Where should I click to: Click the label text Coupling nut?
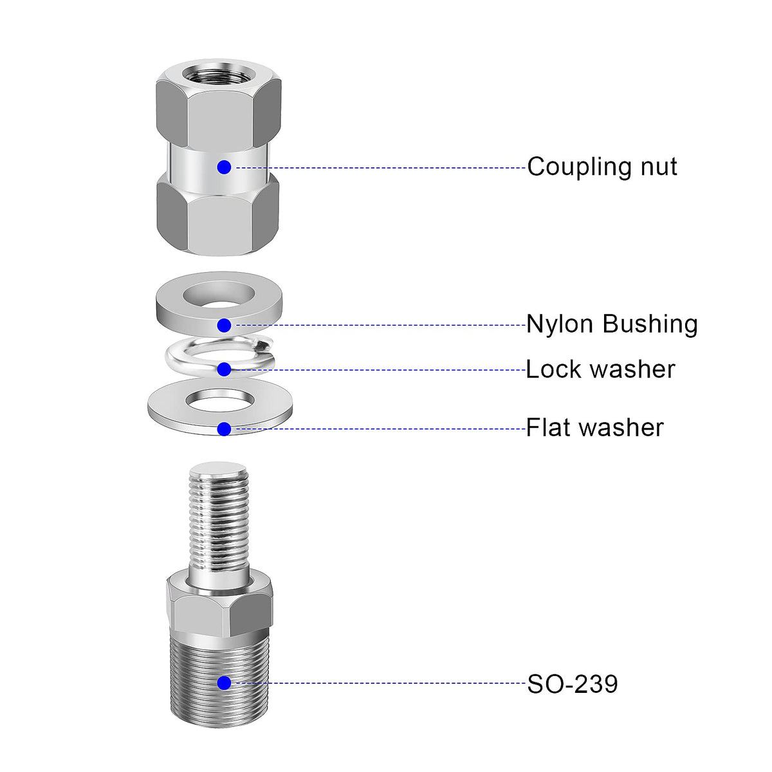(x=602, y=167)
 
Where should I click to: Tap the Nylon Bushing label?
(x=611, y=324)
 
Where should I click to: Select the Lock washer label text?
(x=600, y=370)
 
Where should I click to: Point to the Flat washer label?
(x=594, y=428)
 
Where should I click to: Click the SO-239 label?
(x=573, y=684)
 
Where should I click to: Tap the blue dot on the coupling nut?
(x=224, y=167)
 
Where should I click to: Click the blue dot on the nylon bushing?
(x=224, y=325)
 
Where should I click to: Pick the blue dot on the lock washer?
(x=224, y=369)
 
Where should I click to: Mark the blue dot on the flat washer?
(x=224, y=428)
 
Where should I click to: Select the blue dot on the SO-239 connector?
(x=224, y=683)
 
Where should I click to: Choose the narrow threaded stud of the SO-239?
(x=219, y=521)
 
